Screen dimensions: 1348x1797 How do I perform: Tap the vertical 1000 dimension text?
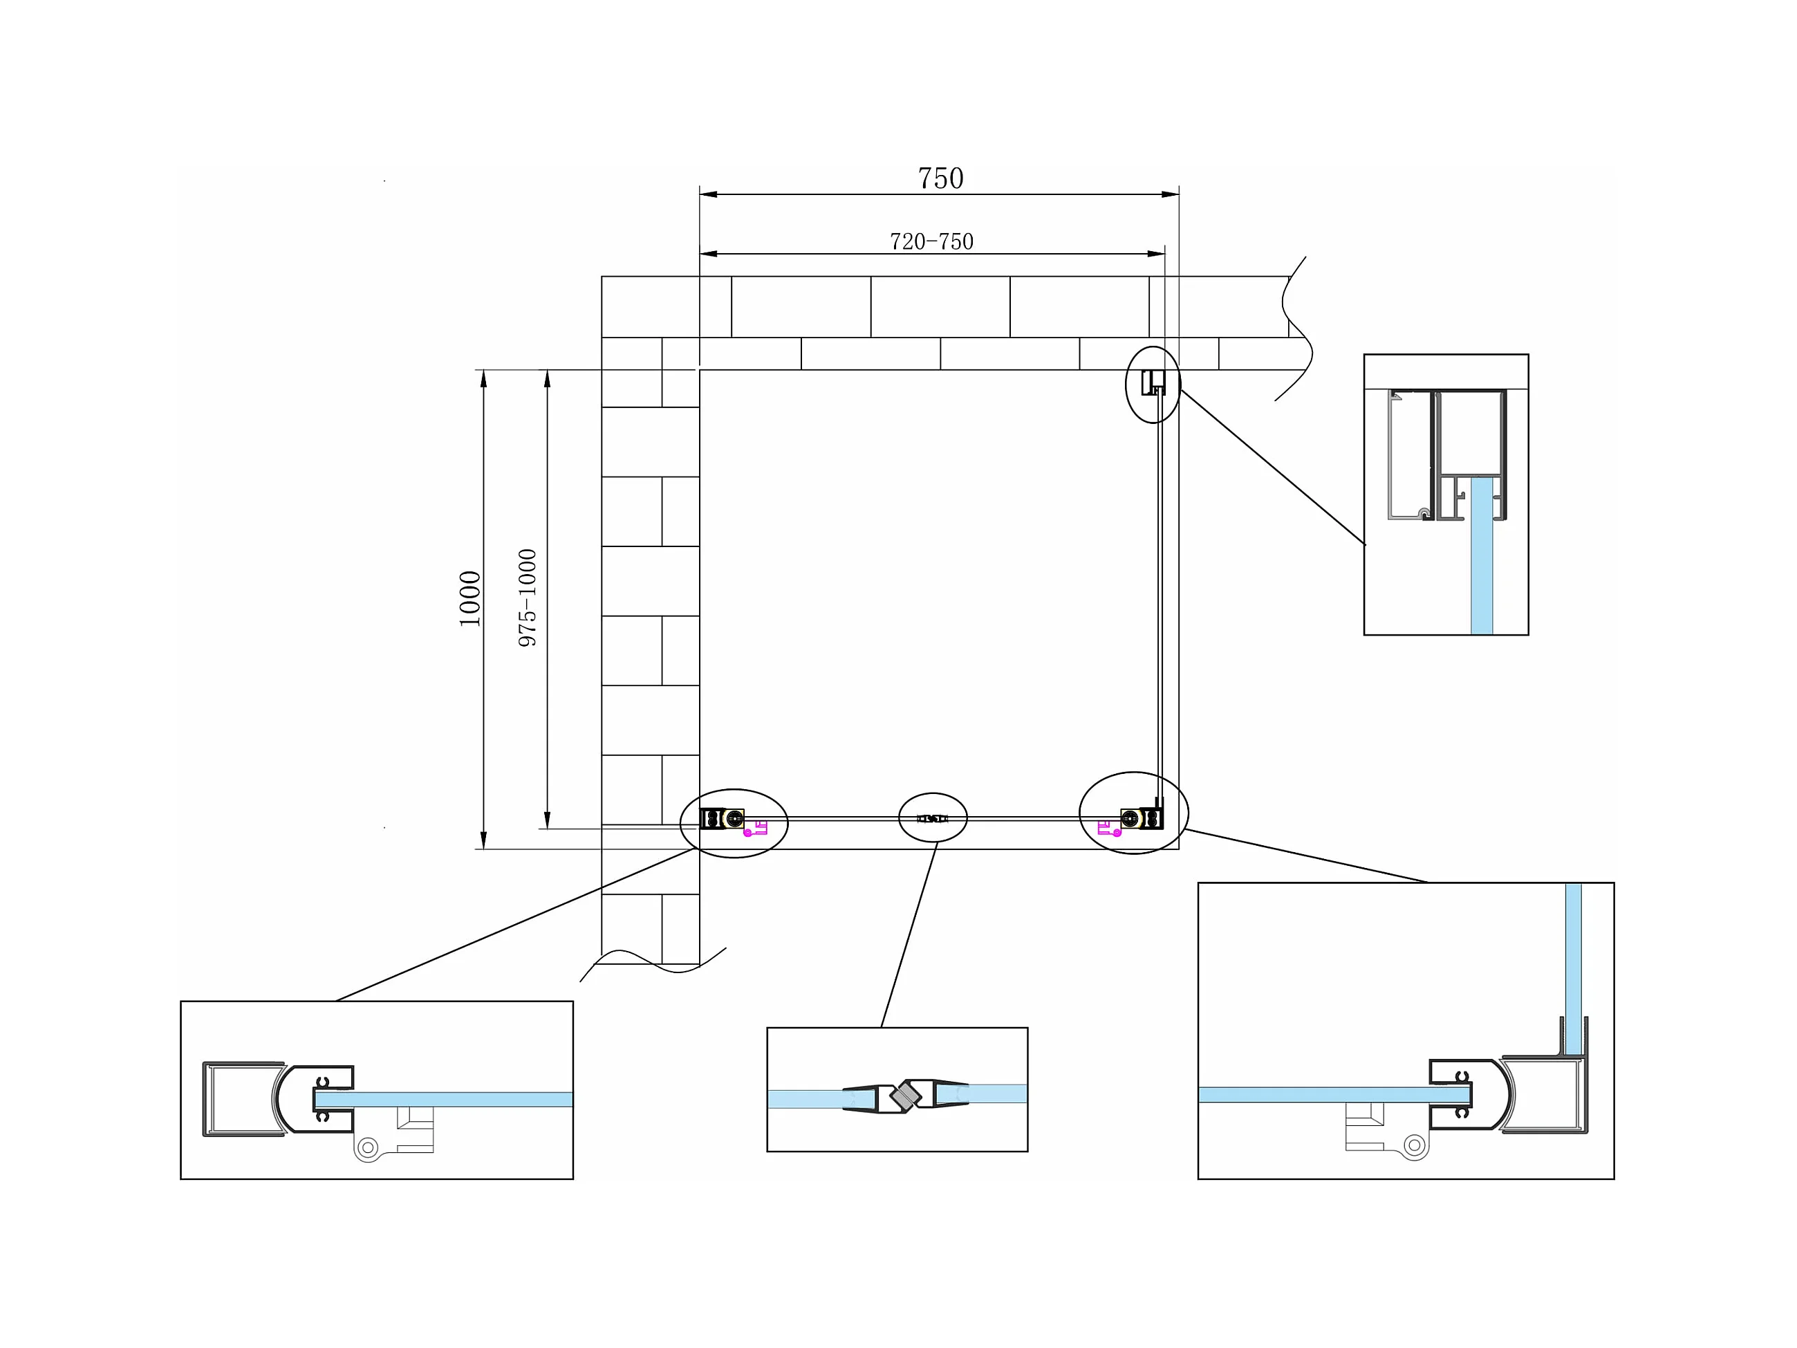pos(470,599)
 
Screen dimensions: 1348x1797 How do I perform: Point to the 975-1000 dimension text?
pos(528,598)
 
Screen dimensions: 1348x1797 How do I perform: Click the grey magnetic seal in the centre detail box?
pos(905,1096)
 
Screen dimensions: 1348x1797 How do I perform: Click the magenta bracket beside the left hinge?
pos(756,829)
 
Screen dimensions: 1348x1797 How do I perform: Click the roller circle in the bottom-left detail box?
pos(368,1147)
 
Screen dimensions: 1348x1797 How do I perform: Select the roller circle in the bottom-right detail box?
pos(1415,1145)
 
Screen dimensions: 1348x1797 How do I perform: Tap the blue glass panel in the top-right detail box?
pos(1481,569)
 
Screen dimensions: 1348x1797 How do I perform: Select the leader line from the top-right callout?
pos(1273,468)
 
